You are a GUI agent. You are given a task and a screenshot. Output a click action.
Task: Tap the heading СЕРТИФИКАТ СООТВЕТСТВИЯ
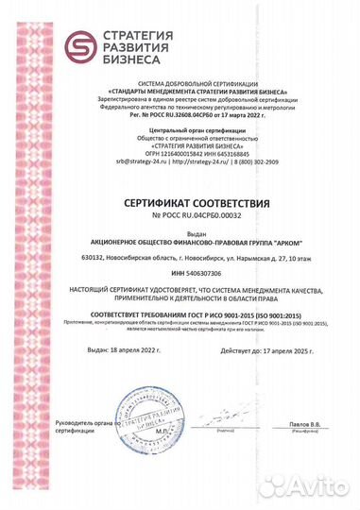(180, 203)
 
